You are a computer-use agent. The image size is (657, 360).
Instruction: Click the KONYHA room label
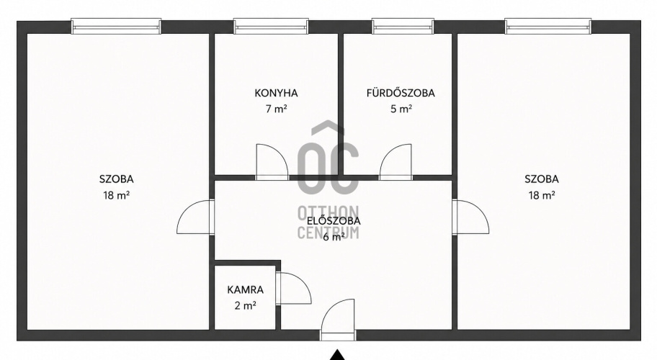pos(276,93)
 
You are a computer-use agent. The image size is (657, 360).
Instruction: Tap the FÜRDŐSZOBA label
pos(401,93)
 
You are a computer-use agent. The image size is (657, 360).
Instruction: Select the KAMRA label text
pos(246,289)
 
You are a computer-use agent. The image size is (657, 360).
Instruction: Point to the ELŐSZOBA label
pos(334,221)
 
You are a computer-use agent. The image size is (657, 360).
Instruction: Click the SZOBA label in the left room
pos(117,179)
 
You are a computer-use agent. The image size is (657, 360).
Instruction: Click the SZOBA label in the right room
pos(542,179)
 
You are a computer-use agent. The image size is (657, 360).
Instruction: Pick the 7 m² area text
pos(276,109)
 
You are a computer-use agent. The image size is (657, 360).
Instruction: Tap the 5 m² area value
pos(401,109)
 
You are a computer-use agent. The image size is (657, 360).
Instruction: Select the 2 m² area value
pos(246,306)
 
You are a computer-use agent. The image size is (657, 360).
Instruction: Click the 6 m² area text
pos(334,238)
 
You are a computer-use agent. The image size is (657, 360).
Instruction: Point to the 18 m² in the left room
pos(117,196)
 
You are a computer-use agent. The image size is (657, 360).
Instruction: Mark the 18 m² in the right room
pos(542,196)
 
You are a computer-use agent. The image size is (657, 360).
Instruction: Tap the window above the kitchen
pos(271,26)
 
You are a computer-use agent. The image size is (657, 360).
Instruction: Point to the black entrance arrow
pos(337,355)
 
